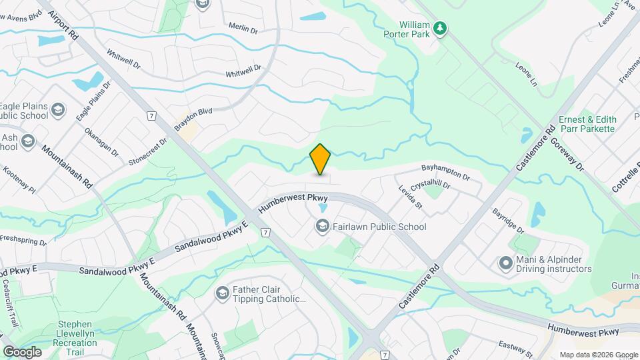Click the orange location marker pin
point(321,159)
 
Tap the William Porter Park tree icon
point(439,28)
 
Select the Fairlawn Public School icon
point(322,227)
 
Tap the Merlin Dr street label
point(243,29)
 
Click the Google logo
point(22,351)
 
